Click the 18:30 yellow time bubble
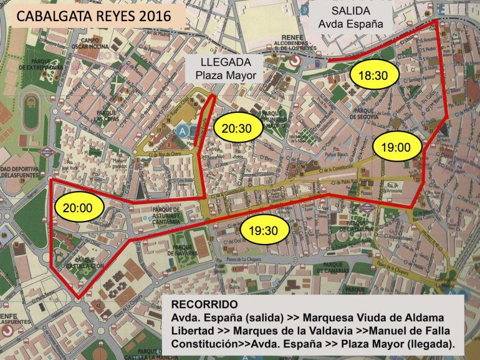coord(373,75)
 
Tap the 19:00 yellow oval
coord(396,147)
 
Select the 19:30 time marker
coord(266,230)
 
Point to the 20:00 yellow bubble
coord(79,208)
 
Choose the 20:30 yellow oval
coord(236,129)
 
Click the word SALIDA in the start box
coord(350,11)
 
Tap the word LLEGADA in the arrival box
coord(226,62)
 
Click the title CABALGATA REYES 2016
coord(94,16)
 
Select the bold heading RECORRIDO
coord(204,304)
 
